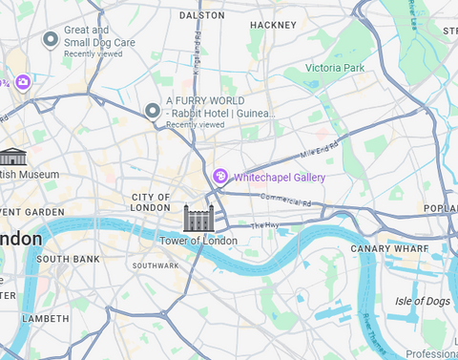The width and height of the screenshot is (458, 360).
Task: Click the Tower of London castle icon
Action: pyautogui.click(x=197, y=218)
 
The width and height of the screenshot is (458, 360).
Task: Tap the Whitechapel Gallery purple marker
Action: pyautogui.click(x=219, y=176)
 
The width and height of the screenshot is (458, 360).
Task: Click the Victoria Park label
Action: pyautogui.click(x=335, y=68)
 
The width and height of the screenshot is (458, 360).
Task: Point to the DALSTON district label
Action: pyautogui.click(x=201, y=15)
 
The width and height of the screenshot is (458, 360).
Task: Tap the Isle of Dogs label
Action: pyautogui.click(x=422, y=302)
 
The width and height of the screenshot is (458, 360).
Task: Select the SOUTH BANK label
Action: pyautogui.click(x=68, y=259)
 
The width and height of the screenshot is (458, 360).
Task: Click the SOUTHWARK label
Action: pyautogui.click(x=156, y=265)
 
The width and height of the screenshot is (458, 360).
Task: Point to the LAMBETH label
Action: pyautogui.click(x=46, y=318)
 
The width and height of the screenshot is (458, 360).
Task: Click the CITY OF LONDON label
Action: pyautogui.click(x=151, y=202)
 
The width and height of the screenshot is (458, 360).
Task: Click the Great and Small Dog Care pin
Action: pyautogui.click(x=52, y=39)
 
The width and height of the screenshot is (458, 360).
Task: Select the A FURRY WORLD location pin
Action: pyautogui.click(x=152, y=111)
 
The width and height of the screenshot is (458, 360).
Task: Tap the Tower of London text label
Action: pyautogui.click(x=198, y=241)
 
